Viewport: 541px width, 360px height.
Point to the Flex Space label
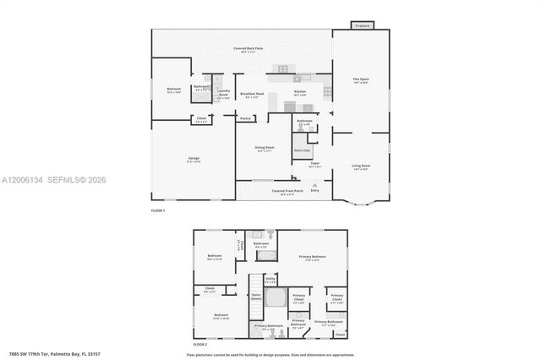pos(361,80)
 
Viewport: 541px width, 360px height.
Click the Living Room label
pos(361,166)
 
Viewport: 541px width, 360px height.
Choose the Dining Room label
pos(265,149)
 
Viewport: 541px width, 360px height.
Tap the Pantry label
pos(245,118)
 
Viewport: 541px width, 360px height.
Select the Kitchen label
pos(299,92)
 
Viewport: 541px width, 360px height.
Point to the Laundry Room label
pos(224,92)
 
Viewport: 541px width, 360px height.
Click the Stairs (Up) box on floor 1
pos(302,150)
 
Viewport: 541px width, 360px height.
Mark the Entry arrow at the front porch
pos(315,185)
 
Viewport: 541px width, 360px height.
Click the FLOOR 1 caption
pos(158,210)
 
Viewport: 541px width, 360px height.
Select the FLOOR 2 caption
pos(199,345)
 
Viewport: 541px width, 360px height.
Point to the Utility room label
pos(270,281)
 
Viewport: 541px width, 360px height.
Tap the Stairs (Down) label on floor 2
pos(256,297)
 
